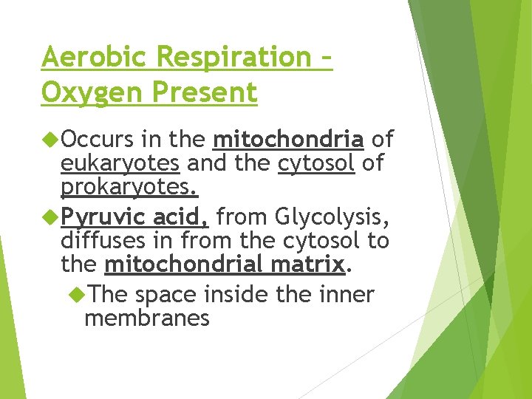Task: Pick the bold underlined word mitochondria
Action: coord(288,139)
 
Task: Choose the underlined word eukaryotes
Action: coord(120,163)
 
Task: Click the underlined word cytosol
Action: coord(316,163)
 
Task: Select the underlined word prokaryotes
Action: coord(129,188)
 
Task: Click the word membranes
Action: coord(147,318)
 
